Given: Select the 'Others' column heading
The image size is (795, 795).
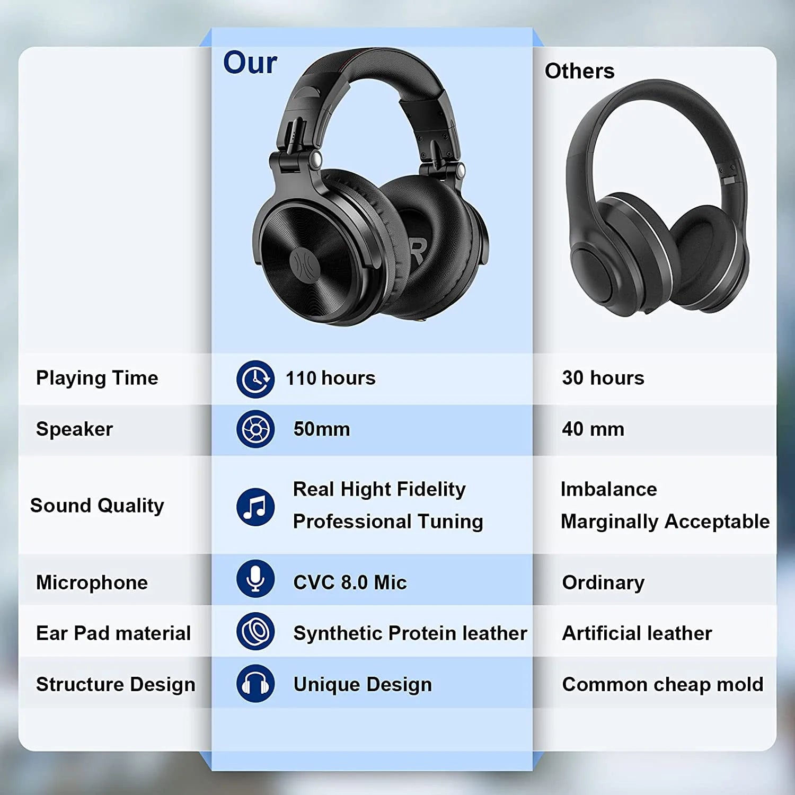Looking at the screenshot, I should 579,71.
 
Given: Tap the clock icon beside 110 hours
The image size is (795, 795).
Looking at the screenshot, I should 255,379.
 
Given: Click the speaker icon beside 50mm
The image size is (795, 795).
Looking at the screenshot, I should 255,429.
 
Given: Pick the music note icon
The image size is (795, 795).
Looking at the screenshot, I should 255,507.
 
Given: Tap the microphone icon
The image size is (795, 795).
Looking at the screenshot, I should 255,578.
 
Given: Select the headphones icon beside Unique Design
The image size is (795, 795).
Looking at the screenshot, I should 255,684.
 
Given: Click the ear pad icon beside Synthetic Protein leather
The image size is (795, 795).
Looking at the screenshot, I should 255,631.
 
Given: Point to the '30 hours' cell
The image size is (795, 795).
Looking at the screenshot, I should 603,378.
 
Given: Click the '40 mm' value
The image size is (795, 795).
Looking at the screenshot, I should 593,429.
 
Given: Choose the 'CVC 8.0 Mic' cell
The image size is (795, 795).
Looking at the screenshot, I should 350,582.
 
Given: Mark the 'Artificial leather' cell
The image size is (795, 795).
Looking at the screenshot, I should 637,633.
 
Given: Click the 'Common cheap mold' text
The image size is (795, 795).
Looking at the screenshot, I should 662,684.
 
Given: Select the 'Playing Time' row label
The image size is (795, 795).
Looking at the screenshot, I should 97,378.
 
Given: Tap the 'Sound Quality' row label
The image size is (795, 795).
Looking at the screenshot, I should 97,506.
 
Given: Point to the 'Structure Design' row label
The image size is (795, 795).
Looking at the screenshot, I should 116,684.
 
